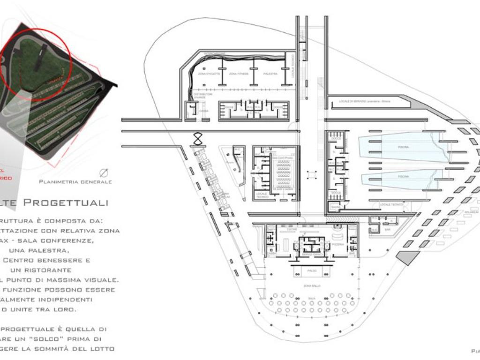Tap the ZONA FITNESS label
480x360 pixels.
point(239,74)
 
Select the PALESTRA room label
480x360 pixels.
point(270,74)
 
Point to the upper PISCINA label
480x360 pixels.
point(403,147)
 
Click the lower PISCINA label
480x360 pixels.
point(403,176)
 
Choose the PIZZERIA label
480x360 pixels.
point(338,245)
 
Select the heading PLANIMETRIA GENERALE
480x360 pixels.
point(75,182)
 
